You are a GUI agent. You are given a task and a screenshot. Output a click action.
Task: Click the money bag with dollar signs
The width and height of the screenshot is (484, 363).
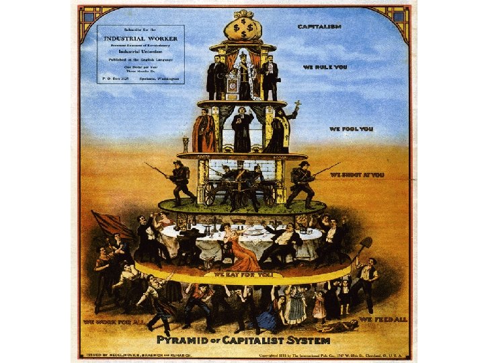(x=241, y=28)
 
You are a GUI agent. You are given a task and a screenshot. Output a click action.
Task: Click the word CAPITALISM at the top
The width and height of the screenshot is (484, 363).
(x=320, y=26)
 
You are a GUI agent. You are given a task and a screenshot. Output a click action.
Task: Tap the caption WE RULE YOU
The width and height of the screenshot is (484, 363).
(x=325, y=69)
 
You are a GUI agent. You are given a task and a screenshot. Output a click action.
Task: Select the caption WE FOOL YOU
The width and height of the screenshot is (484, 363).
(x=352, y=128)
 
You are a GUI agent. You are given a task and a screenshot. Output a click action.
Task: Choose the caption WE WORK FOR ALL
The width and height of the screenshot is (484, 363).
(x=114, y=322)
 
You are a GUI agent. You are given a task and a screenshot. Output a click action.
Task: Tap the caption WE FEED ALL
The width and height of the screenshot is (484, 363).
(x=383, y=318)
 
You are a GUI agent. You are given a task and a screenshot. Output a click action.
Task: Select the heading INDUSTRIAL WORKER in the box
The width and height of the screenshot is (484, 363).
(x=140, y=38)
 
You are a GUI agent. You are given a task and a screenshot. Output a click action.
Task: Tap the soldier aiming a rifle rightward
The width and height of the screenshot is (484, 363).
(x=302, y=182)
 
